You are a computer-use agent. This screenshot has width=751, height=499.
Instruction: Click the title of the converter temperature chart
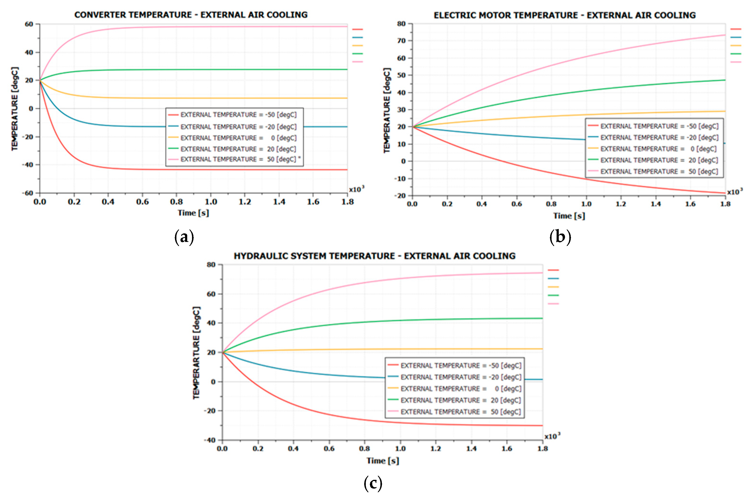click(x=191, y=15)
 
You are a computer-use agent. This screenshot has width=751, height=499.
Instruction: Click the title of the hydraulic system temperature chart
click(x=374, y=256)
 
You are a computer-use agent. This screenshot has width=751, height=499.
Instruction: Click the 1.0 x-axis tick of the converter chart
click(x=210, y=202)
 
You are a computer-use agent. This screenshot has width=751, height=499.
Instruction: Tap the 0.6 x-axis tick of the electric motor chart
click(x=516, y=204)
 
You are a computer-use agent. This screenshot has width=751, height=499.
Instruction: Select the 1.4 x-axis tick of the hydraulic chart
click(x=472, y=448)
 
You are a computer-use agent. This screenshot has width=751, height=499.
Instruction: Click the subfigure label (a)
click(x=184, y=237)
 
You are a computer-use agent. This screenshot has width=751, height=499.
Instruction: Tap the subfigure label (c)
click(x=373, y=483)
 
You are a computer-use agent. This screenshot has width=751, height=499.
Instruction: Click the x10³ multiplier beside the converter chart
click(x=356, y=190)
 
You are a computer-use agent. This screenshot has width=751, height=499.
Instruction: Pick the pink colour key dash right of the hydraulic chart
click(x=553, y=304)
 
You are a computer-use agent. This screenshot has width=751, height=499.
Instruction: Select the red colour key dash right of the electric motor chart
click(x=735, y=29)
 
